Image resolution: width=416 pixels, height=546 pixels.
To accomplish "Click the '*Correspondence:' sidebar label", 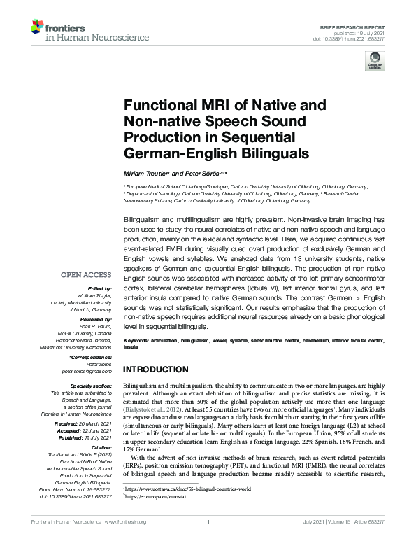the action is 92,356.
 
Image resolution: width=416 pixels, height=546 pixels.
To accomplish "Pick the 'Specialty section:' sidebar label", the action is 92,386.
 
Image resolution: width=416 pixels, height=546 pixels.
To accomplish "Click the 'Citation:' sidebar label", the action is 101,447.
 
